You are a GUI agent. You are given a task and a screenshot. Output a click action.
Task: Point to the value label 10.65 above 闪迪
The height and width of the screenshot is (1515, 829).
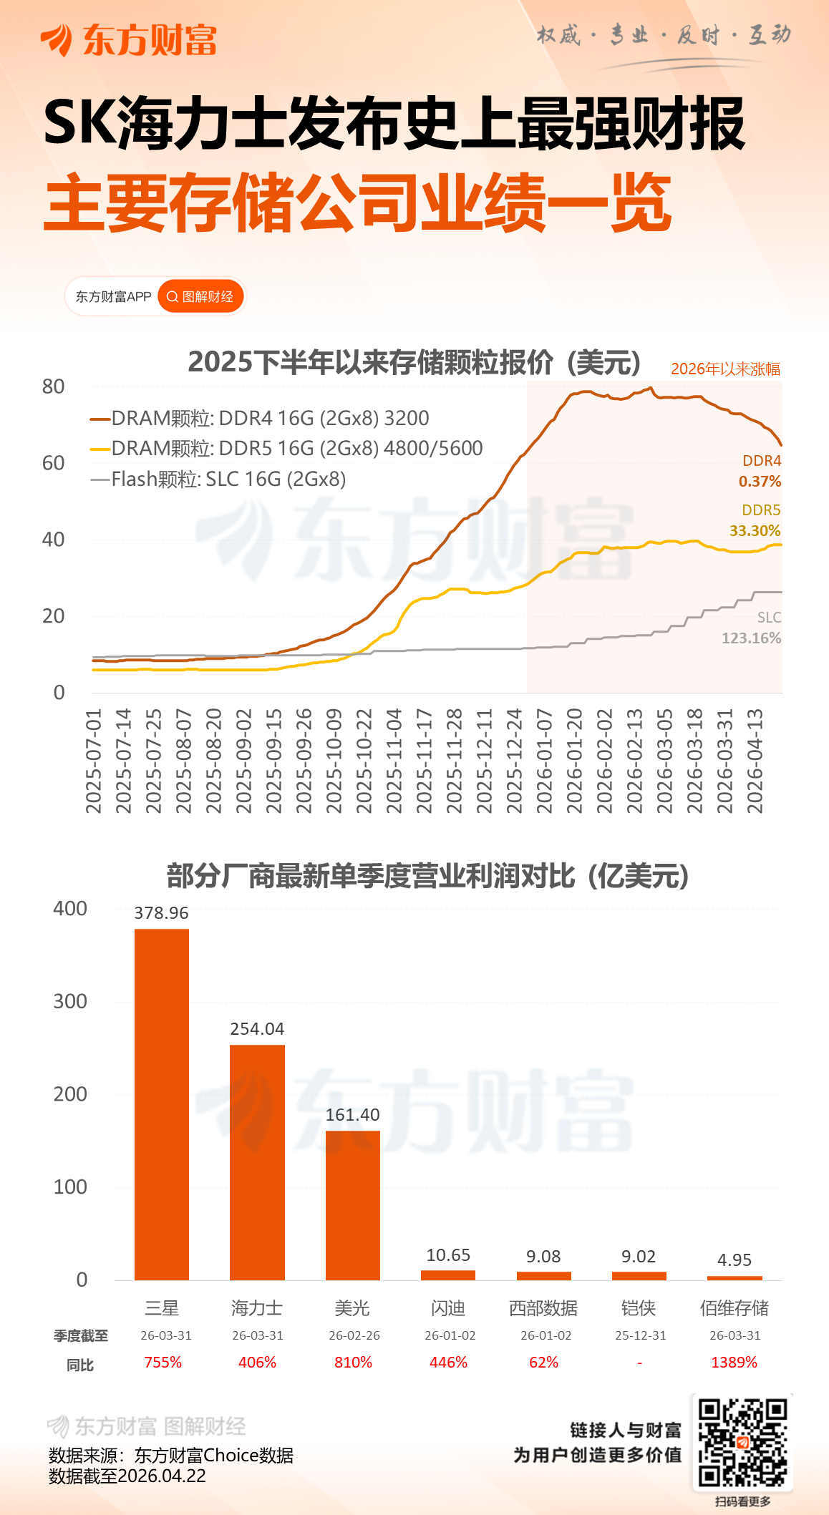point(448,1255)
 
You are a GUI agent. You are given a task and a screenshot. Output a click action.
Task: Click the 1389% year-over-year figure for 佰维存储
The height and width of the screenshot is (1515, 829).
point(734,1363)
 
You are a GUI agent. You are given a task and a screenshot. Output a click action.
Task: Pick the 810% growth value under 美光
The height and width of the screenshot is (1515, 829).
point(353,1363)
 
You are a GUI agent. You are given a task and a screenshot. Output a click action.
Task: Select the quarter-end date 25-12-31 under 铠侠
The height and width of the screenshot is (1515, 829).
point(640,1335)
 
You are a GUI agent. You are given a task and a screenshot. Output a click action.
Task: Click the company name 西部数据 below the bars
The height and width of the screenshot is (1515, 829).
point(543,1308)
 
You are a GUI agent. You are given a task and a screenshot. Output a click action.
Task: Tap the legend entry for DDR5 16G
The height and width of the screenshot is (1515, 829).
point(286,449)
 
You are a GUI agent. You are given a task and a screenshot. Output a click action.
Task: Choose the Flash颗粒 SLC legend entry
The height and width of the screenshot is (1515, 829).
point(218,479)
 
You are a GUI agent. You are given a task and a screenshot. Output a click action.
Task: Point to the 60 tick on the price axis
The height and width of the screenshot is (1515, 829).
point(54,463)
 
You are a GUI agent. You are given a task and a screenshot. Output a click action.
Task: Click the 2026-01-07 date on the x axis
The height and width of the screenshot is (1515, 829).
point(544,761)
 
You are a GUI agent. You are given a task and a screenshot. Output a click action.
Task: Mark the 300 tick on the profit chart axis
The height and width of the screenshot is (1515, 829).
point(70,1001)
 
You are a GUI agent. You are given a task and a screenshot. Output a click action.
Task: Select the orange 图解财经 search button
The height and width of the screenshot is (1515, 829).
point(200,296)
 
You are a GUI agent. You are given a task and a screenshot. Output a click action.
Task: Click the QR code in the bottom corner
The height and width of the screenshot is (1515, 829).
point(742,1443)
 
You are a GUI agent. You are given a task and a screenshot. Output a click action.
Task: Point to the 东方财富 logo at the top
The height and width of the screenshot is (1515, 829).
point(129,39)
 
